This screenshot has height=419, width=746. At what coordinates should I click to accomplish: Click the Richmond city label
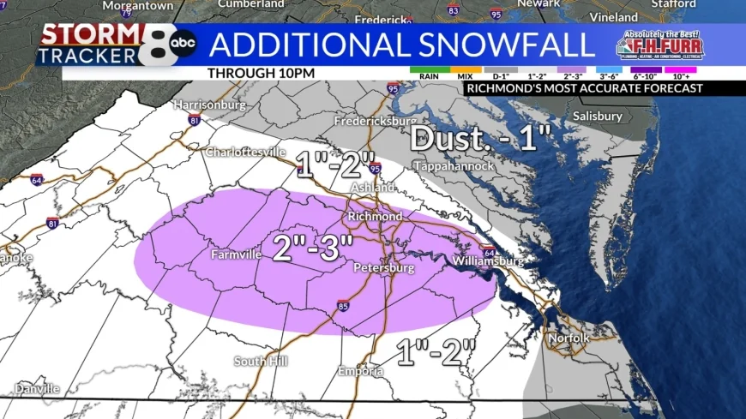(375, 217)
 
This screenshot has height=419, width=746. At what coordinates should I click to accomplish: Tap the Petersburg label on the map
(384, 268)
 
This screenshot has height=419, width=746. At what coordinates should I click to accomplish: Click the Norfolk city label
(569, 338)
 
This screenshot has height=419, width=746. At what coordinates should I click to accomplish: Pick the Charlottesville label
(245, 153)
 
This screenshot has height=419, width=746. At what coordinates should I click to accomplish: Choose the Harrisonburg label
(210, 105)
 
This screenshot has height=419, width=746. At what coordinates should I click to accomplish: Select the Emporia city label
(359, 371)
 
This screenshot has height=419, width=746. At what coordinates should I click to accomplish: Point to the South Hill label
(262, 361)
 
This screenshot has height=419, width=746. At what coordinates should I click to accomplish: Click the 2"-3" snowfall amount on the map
(313, 247)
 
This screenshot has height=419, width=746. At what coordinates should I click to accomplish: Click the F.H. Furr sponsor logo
(658, 46)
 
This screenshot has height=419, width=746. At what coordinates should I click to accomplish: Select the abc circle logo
(183, 43)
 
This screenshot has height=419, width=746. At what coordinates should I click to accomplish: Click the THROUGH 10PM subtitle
(261, 73)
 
